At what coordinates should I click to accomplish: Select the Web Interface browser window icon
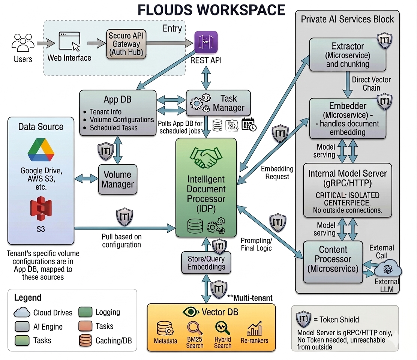tap(70, 41)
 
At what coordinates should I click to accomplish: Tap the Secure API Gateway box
tap(126, 44)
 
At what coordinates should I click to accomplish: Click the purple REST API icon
tap(206, 42)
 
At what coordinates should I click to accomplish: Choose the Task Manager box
tap(218, 103)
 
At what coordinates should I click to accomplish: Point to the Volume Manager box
tap(118, 180)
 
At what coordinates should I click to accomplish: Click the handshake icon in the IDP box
tap(206, 158)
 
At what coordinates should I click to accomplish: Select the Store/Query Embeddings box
tap(206, 262)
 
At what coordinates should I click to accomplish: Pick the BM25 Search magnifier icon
tap(195, 328)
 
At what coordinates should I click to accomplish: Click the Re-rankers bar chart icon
tap(254, 329)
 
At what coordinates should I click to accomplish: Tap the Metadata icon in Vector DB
tap(165, 329)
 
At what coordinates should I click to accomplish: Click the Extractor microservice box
tap(348, 55)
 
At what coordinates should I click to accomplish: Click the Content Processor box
tap(333, 262)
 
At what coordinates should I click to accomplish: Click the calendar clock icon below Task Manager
tap(249, 124)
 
